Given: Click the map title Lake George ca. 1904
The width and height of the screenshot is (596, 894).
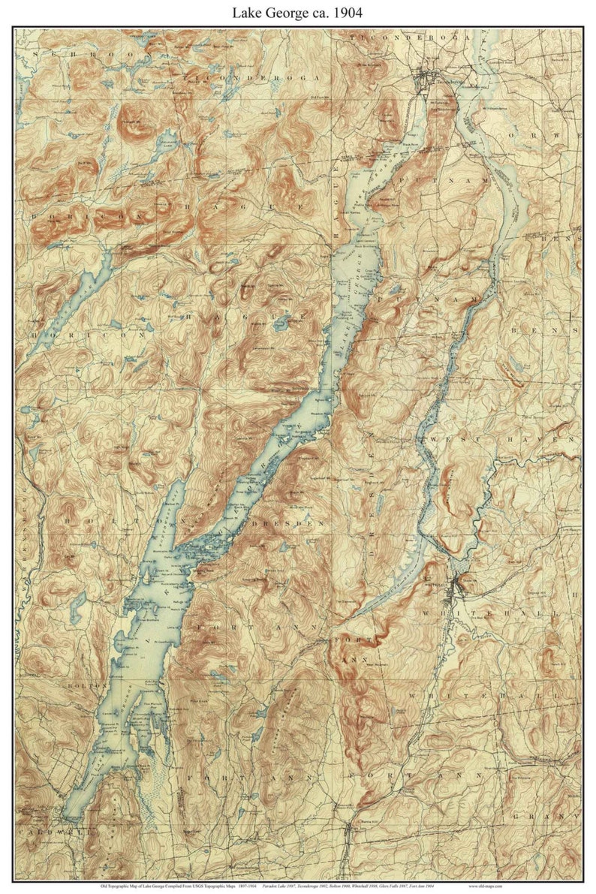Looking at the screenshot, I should [x=298, y=13].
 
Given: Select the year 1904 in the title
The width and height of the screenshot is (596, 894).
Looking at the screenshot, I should [x=347, y=13].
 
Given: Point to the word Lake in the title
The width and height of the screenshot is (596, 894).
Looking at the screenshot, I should [x=248, y=13].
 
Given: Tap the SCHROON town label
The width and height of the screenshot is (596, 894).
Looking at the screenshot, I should [x=64, y=55].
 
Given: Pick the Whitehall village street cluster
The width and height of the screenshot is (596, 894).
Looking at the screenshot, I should [x=454, y=587].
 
